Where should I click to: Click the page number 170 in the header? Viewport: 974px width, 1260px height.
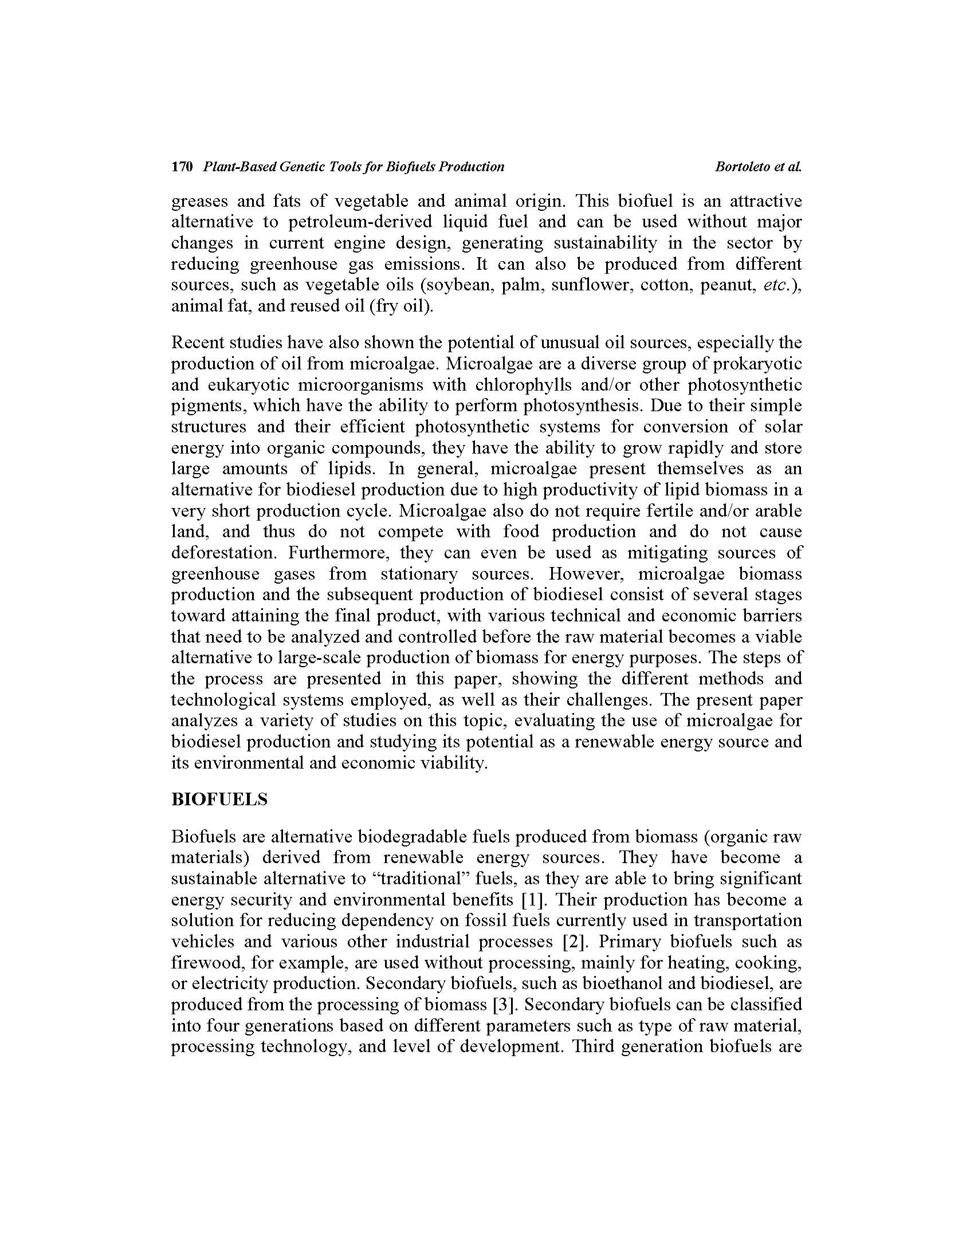tap(182, 167)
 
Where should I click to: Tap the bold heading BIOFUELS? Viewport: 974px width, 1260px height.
tap(219, 799)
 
